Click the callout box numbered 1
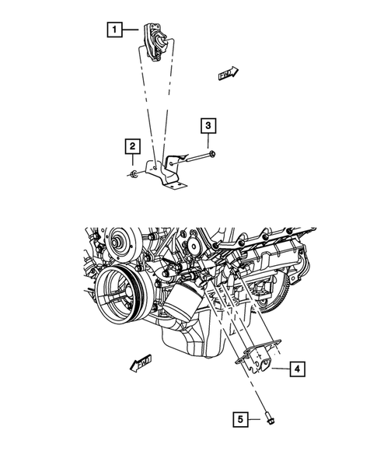(114, 31)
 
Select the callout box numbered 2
(134, 145)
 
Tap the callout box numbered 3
(208, 125)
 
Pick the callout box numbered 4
(298, 369)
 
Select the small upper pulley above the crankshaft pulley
(120, 241)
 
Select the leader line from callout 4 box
(281, 369)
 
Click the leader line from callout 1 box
(131, 32)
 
